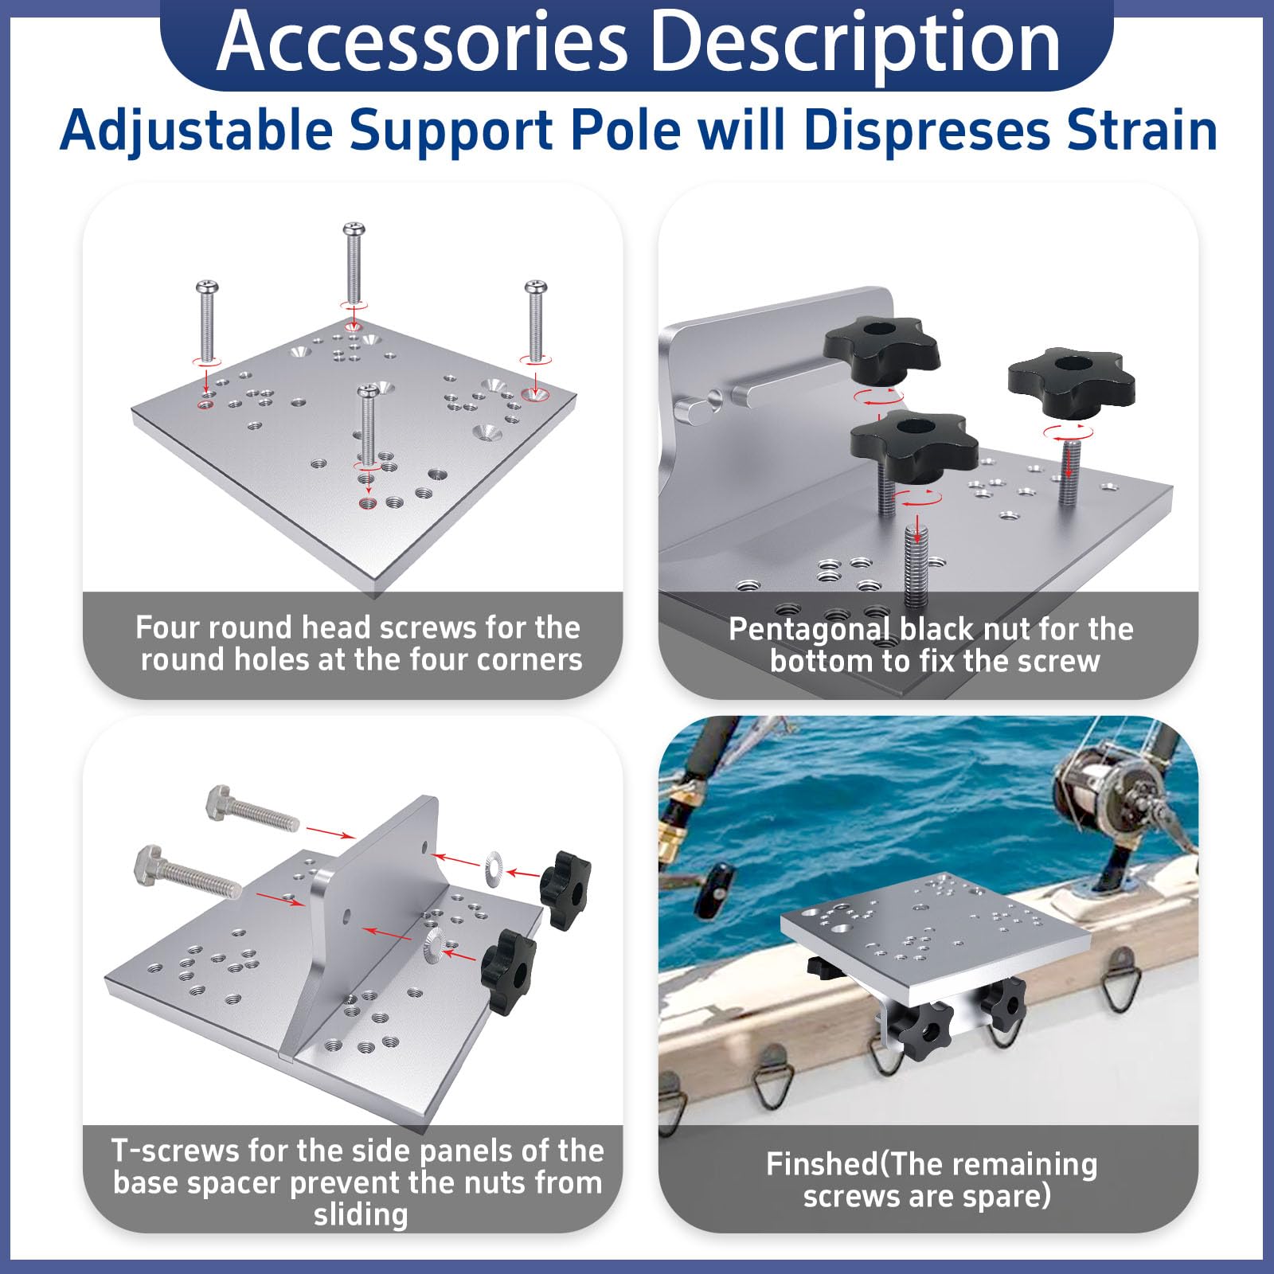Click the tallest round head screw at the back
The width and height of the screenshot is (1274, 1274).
[354, 263]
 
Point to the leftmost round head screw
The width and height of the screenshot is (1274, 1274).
[207, 320]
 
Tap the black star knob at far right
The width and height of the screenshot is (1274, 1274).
[1071, 382]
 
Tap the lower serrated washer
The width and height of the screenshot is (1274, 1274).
[436, 943]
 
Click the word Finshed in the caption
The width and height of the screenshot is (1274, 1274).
[822, 1164]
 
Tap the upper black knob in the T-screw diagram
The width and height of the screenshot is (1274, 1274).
[565, 889]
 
